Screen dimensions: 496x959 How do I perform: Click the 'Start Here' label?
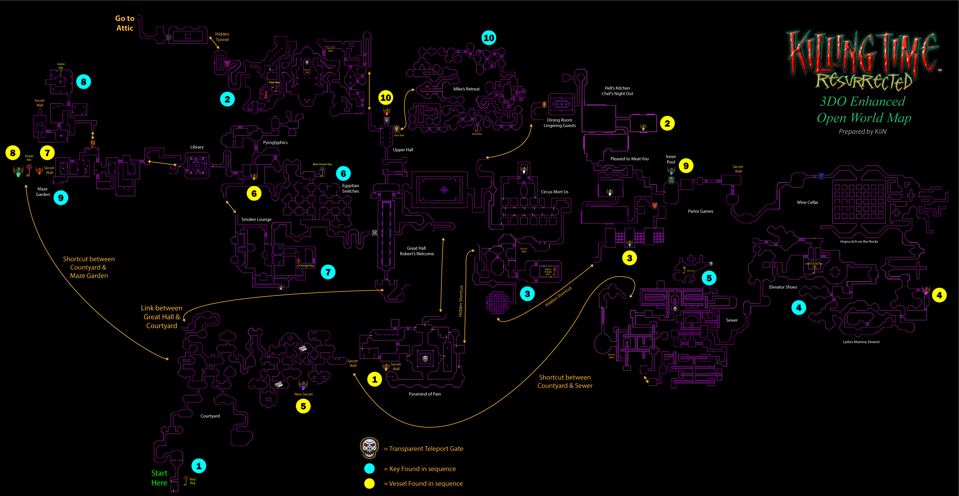159,478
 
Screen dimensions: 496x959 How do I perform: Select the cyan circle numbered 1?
199,466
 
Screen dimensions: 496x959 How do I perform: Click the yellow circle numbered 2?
667,123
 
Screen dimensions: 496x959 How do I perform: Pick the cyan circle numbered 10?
489,38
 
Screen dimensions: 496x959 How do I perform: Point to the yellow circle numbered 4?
939,295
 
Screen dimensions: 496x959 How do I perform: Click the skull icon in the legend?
369,448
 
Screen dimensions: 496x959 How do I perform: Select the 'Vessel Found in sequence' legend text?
426,483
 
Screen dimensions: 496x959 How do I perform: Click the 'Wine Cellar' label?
807,202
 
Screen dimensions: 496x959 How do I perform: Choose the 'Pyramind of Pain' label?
425,394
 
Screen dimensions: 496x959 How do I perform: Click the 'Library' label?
197,147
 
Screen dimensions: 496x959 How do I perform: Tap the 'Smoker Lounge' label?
257,219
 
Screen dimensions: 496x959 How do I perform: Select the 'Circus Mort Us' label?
554,192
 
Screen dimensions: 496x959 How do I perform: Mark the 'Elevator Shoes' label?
783,287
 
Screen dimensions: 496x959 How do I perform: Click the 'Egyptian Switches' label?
351,188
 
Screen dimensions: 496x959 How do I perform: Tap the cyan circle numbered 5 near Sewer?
709,278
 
